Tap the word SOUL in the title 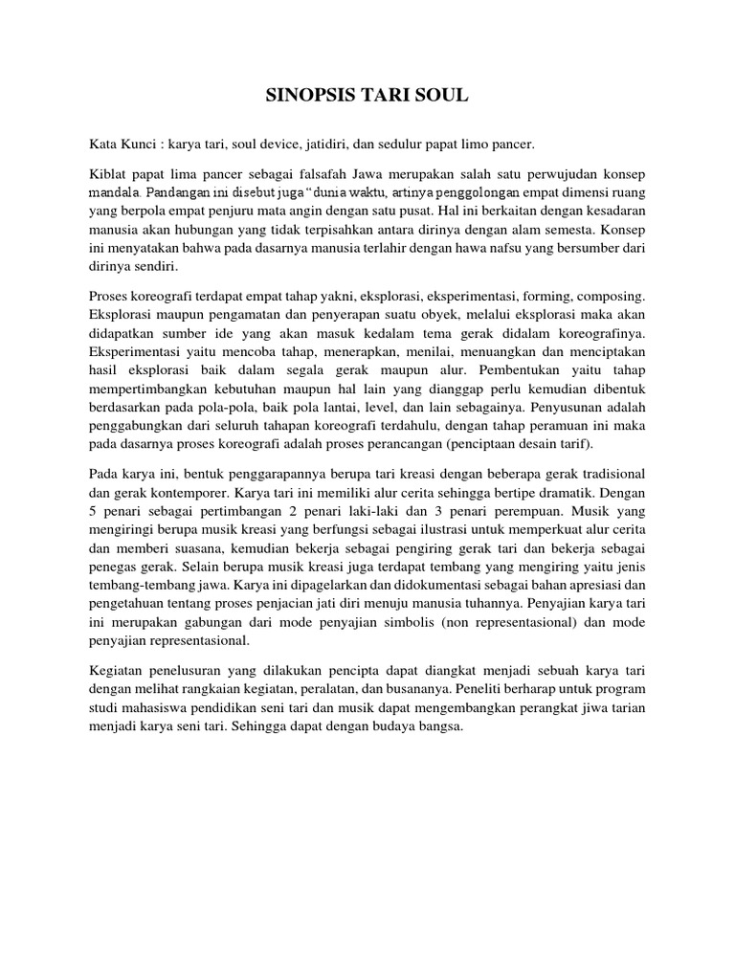point(443,96)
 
